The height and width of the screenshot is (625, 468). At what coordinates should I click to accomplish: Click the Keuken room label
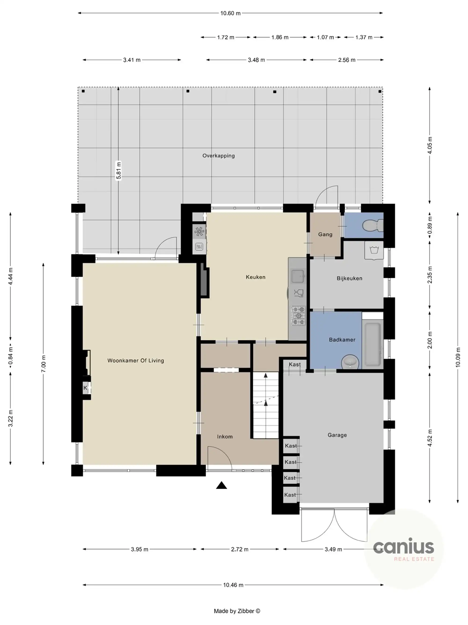(x=255, y=277)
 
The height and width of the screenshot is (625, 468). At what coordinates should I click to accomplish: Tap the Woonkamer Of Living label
(x=135, y=361)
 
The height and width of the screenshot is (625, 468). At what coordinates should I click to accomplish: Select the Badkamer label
(x=342, y=340)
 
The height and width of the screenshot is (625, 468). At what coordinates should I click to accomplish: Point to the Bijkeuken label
(x=349, y=278)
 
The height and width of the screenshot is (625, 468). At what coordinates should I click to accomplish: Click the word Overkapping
(x=218, y=156)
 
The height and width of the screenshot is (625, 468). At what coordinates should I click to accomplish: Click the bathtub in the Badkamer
(x=372, y=345)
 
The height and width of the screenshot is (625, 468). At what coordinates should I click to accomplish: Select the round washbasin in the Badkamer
(x=350, y=362)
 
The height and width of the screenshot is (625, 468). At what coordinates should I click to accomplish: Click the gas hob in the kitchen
(x=298, y=316)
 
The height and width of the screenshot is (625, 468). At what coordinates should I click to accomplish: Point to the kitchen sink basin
(x=297, y=276)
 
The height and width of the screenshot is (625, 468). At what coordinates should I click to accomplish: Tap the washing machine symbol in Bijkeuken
(x=374, y=250)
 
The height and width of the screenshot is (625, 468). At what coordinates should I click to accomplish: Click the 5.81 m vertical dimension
(x=118, y=170)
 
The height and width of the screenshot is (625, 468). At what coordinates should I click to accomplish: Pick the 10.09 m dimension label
(x=457, y=357)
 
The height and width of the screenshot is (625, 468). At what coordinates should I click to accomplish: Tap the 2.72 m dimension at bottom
(x=240, y=549)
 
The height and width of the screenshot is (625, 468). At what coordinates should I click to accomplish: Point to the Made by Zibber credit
(x=237, y=611)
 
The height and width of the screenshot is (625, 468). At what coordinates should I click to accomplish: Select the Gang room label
(x=325, y=234)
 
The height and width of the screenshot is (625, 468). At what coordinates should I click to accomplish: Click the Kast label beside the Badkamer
(x=295, y=365)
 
